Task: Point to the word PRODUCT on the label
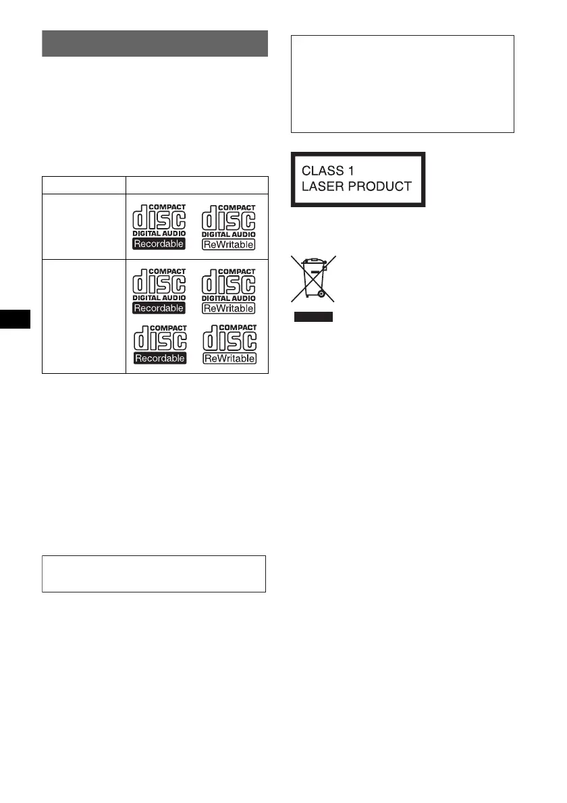[382, 187]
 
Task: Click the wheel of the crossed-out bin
[322, 294]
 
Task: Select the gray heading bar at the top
[155, 43]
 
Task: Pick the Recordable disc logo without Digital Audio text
[159, 345]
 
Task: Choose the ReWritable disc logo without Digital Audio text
[230, 345]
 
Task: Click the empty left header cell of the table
[84, 185]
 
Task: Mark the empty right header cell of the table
[197, 185]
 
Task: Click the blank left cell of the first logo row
[84, 227]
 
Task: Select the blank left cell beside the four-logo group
[84, 316]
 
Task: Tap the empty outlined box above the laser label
[402, 84]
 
